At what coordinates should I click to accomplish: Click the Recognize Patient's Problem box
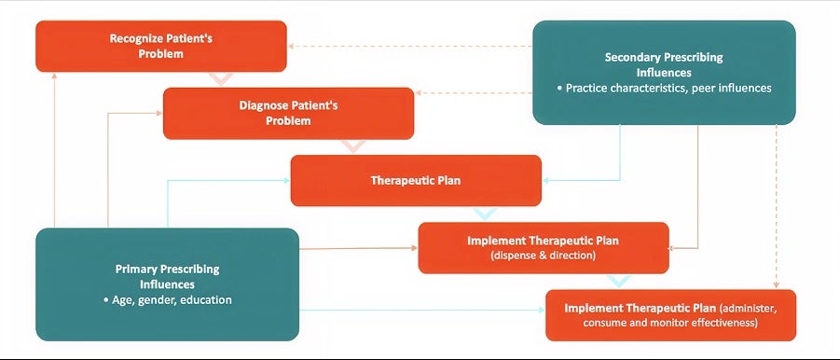coord(161,46)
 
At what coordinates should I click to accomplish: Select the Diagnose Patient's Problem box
coord(289,114)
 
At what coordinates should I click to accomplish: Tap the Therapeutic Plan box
coord(416,181)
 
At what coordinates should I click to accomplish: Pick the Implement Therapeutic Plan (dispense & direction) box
coord(544,248)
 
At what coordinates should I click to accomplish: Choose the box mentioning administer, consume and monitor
coord(670,315)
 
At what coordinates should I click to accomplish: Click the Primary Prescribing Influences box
coord(167,284)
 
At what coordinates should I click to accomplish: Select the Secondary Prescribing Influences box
coord(665,73)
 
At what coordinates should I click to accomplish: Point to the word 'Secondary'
coord(630,57)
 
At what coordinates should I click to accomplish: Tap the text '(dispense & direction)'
coord(544,256)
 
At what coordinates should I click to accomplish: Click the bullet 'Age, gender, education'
coord(168,300)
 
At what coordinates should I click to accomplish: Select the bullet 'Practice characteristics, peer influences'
coord(665,88)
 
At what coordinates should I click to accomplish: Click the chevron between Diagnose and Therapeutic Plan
coord(353,146)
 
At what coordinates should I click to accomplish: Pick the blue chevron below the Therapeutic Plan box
coord(485,214)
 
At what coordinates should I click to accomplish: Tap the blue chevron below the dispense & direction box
coord(620,282)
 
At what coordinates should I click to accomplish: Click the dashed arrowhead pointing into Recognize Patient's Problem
coord(290,46)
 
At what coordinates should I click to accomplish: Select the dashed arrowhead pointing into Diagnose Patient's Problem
coord(418,93)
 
